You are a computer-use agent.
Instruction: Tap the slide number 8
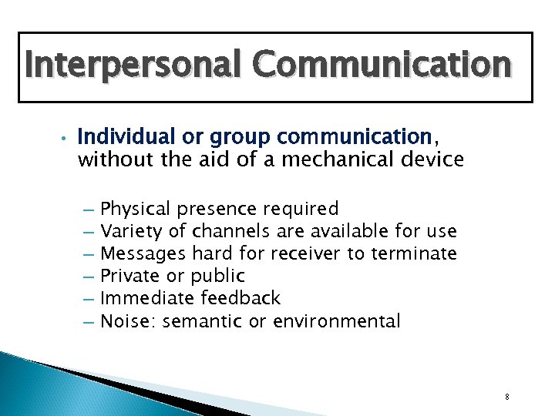pos(506,397)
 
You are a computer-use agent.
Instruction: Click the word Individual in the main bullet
pos(118,138)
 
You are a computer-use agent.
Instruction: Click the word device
pos(436,160)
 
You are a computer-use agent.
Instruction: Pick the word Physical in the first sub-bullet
pos(136,209)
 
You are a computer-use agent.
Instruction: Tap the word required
pos(301,209)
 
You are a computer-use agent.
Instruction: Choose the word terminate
pos(415,253)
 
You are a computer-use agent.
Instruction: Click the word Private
pos(130,276)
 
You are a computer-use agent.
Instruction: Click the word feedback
pos(240,298)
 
